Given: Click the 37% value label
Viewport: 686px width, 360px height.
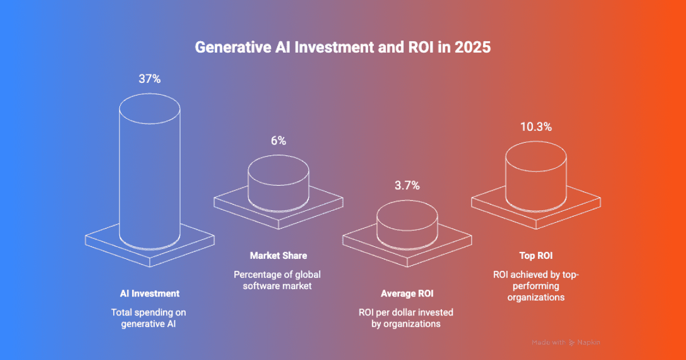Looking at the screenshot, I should tap(149, 79).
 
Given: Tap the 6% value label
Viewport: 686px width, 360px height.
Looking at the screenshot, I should tap(278, 141).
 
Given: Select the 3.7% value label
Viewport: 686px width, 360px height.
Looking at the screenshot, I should tap(407, 185).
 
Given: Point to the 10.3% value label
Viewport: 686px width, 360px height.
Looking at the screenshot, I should tap(536, 127).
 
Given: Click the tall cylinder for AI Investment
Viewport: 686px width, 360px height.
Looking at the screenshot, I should tap(149, 171).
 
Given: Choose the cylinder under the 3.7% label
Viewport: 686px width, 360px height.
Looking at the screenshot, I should tap(407, 223).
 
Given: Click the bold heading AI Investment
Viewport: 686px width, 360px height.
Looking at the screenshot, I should tap(149, 293).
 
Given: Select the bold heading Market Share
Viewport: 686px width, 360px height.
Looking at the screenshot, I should tap(278, 255).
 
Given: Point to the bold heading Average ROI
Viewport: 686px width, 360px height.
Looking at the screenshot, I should tap(407, 294).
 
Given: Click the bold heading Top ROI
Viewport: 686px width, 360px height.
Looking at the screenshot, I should tap(536, 256).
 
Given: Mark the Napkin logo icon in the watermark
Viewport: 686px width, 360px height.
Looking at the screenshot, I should tap(571, 343).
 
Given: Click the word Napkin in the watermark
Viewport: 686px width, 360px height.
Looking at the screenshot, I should tap(588, 342).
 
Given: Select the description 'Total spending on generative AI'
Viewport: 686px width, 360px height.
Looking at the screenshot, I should tap(149, 318).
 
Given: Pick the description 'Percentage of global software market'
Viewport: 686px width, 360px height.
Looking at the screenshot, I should tap(278, 280).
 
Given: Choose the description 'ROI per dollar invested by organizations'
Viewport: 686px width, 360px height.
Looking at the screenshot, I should tap(406, 318).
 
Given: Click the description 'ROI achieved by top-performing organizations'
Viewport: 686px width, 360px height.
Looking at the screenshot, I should tap(536, 286).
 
